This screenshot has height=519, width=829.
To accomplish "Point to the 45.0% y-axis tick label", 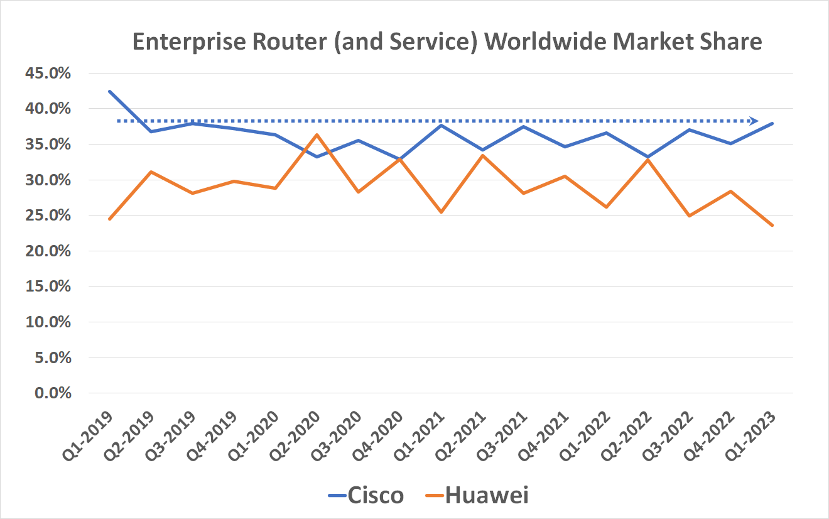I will point(47,74).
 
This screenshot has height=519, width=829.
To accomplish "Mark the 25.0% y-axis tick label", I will point(47,216).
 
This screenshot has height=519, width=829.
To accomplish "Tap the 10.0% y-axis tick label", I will point(47,322).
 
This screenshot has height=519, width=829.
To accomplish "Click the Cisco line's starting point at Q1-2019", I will point(109,91).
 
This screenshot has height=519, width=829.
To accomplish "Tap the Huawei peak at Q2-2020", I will point(317,134).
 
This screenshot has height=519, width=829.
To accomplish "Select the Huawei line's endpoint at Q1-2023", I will point(772,226).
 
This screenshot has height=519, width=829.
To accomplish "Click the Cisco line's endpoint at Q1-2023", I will point(772,123).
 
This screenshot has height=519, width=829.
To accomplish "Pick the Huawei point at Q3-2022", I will point(690,216).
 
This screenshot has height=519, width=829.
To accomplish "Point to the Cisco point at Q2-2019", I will point(151,131).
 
